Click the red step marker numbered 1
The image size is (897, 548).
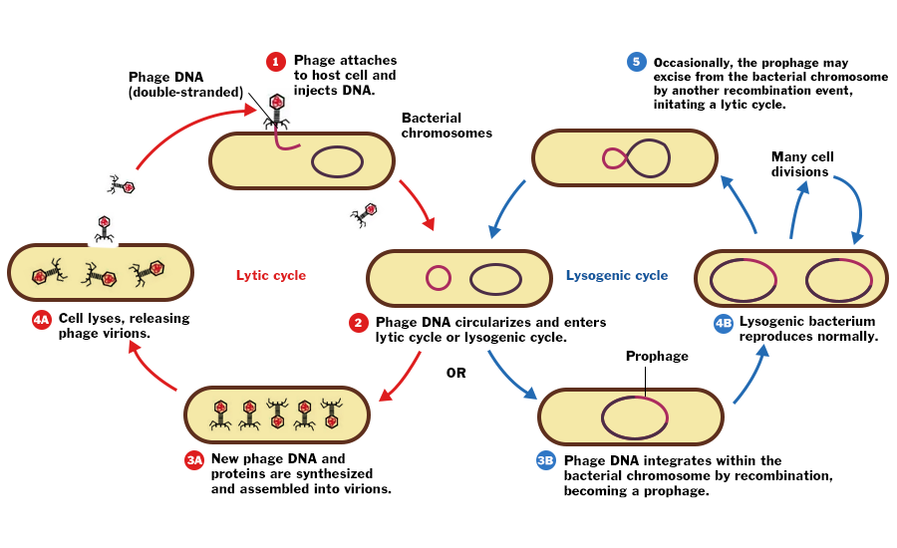(276, 62)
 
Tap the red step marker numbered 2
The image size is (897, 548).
(358, 323)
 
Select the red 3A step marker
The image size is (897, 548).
(194, 460)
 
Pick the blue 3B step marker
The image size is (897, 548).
(545, 460)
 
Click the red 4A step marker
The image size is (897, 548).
(41, 320)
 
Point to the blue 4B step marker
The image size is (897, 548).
(723, 323)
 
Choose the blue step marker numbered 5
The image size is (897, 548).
(636, 62)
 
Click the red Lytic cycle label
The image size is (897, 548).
(271, 275)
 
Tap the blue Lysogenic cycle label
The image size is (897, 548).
(617, 275)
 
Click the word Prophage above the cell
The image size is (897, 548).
(657, 356)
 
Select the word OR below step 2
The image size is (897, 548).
(455, 374)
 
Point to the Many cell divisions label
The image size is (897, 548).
(801, 164)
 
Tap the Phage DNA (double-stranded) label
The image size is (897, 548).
(185, 85)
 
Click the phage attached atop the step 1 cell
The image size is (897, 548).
(276, 110)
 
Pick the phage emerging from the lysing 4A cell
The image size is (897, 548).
(104, 229)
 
